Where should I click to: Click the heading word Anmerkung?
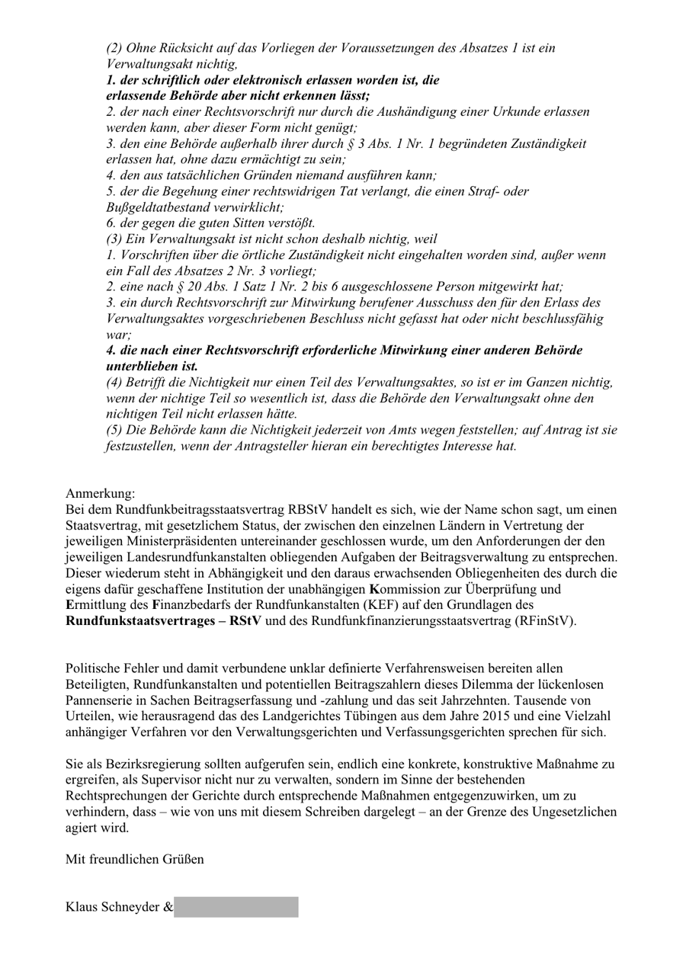[89, 493]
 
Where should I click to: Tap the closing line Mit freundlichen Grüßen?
[135, 860]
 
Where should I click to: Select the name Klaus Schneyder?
[113, 907]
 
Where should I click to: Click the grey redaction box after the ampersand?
[236, 907]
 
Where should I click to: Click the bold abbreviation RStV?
[245, 621]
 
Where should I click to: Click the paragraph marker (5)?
[114, 430]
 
